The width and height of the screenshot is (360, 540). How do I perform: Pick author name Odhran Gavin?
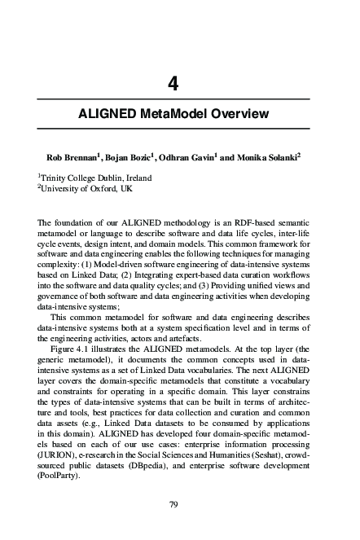pyautogui.click(x=193, y=156)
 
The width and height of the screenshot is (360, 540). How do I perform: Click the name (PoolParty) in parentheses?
pyautogui.click(x=60, y=485)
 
